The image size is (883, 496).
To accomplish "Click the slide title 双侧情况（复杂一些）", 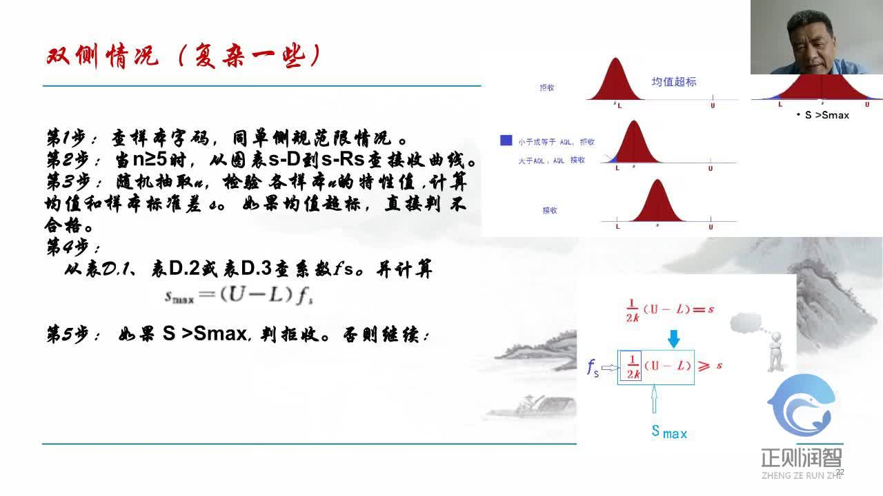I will pyautogui.click(x=183, y=56).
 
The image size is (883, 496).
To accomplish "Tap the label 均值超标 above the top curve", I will pyautogui.click(x=674, y=81).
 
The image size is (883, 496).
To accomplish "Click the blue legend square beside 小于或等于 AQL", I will pyautogui.click(x=506, y=141).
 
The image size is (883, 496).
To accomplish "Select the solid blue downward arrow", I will pyautogui.click(x=674, y=338).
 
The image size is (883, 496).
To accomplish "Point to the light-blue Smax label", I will pyautogui.click(x=669, y=432).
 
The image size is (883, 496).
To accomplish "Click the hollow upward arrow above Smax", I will pyautogui.click(x=654, y=400).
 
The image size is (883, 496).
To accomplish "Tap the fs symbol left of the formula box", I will pyautogui.click(x=593, y=368).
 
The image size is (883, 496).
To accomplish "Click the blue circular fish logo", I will pyautogui.click(x=801, y=406).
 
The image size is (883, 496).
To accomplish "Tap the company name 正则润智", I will pyautogui.click(x=801, y=457).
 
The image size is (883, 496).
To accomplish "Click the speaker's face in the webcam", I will pyautogui.click(x=808, y=41).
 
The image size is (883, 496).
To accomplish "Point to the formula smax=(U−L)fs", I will pyautogui.click(x=239, y=296).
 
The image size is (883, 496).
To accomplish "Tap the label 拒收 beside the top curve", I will pyautogui.click(x=547, y=88).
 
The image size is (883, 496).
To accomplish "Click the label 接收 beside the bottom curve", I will pyautogui.click(x=550, y=210).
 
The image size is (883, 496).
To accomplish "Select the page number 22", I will pyautogui.click(x=840, y=472).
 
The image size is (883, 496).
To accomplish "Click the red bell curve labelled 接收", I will pyautogui.click(x=657, y=203).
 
